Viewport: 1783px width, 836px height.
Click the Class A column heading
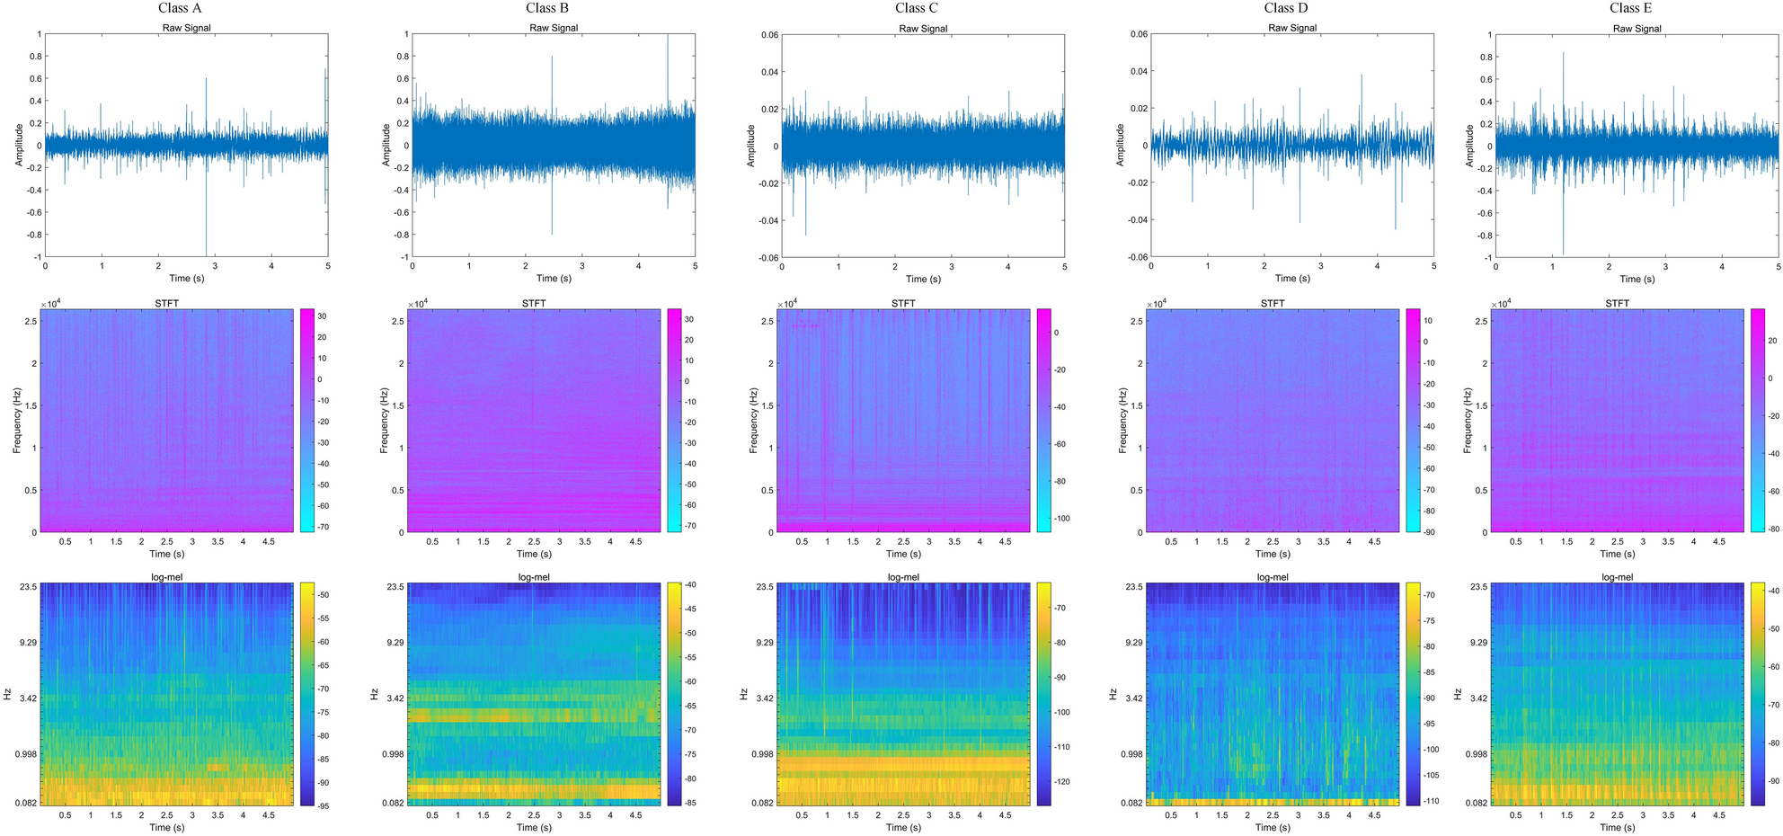click(x=180, y=8)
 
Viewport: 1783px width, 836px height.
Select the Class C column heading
click(x=917, y=8)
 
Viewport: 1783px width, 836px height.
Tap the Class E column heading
click(x=1630, y=8)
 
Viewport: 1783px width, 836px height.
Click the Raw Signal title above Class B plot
click(x=554, y=28)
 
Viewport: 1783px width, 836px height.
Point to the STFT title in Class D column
click(x=1273, y=303)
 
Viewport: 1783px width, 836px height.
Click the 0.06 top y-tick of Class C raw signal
click(x=769, y=35)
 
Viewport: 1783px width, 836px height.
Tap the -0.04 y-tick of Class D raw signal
click(x=1138, y=220)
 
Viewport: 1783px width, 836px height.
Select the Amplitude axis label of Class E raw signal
click(x=1469, y=146)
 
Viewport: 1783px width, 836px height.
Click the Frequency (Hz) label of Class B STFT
click(x=384, y=421)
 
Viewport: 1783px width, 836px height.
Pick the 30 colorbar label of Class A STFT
click(x=322, y=316)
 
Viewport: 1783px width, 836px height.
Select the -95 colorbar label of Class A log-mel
click(x=323, y=806)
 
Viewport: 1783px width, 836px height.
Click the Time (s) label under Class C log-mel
click(x=902, y=827)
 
